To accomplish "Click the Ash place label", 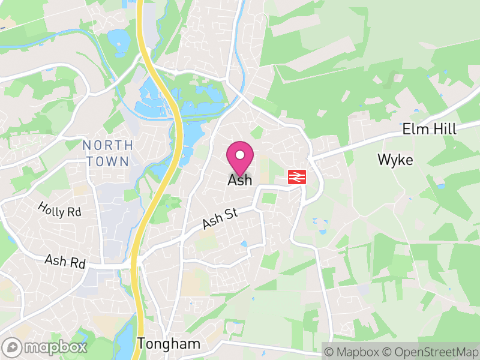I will click(x=240, y=180).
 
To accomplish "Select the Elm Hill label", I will click(x=429, y=129).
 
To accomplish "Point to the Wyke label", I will click(x=395, y=160).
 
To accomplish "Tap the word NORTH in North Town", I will click(x=108, y=145).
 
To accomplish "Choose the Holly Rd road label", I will click(x=59, y=209).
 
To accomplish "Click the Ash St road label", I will click(x=217, y=219).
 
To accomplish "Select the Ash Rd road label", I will click(x=65, y=262).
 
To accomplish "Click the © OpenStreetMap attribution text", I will click(x=430, y=351).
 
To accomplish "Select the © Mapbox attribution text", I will click(x=354, y=351).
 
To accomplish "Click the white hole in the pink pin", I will click(x=240, y=155).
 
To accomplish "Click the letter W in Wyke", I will click(x=383, y=160).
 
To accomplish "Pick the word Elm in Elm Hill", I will click(x=414, y=129).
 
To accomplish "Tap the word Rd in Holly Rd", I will click(x=73, y=214).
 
